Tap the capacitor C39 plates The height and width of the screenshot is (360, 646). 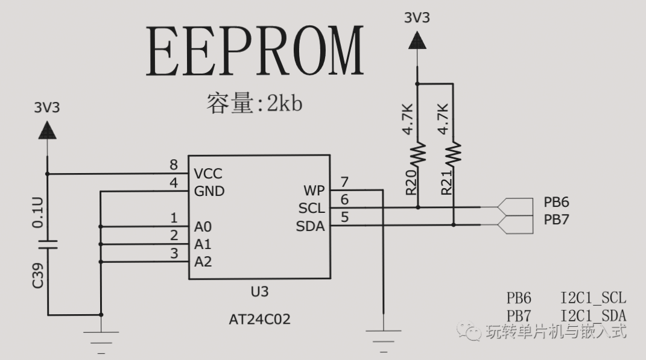(48, 244)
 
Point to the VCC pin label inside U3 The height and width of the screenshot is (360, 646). (208, 174)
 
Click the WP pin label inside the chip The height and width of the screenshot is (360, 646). (314, 191)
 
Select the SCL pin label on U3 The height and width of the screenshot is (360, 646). (311, 209)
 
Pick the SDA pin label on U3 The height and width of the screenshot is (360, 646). (311, 226)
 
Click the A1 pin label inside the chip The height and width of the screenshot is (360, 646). (203, 244)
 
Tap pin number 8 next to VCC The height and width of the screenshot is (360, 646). (174, 165)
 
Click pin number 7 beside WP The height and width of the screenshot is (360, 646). (344, 182)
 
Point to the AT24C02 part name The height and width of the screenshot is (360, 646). (259, 319)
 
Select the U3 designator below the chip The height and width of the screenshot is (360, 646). (259, 292)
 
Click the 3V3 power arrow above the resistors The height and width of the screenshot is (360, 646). (417, 41)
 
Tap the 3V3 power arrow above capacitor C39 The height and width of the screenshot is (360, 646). (47, 130)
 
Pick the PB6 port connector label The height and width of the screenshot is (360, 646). (556, 202)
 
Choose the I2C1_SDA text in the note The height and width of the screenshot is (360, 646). (593, 315)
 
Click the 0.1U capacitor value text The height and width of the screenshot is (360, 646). (37, 214)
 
